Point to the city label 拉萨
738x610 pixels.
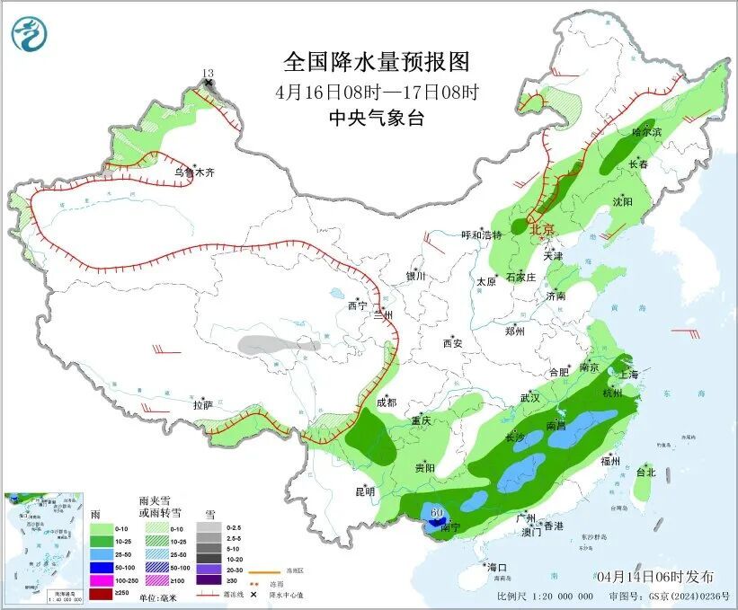pyautogui.click(x=203, y=405)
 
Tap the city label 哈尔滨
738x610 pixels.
pyautogui.click(x=645, y=132)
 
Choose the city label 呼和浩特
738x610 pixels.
pyautogui.click(x=482, y=235)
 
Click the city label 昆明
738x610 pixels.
pyautogui.click(x=364, y=491)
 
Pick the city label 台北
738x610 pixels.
pyautogui.click(x=646, y=472)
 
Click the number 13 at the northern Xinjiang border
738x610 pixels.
pyautogui.click(x=209, y=73)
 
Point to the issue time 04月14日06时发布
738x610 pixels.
pyautogui.click(x=654, y=576)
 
